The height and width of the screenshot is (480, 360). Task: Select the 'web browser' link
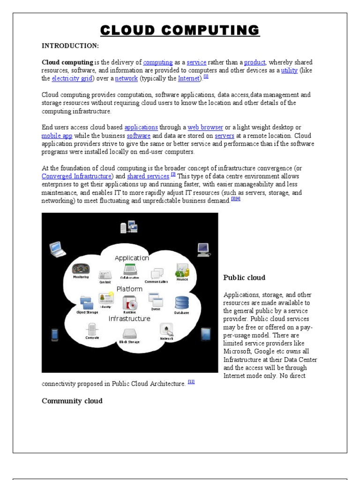click(205, 127)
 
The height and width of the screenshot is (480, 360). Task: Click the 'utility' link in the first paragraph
click(289, 70)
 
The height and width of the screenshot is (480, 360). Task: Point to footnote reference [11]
click(191, 382)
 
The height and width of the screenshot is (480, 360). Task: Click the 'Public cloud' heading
click(244, 277)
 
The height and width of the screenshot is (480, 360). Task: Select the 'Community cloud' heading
click(72, 401)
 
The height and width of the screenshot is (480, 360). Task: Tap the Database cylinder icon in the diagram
click(182, 303)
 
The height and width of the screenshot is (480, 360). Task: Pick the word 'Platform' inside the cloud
click(129, 289)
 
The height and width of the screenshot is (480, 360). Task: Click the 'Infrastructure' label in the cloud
click(129, 319)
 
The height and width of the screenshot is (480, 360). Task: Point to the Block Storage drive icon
click(129, 334)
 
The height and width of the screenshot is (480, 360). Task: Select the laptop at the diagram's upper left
click(57, 248)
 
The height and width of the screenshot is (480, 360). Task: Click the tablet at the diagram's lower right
click(205, 334)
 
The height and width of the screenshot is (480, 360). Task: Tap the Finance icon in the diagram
click(182, 270)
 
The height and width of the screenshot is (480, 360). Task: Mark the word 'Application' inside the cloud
click(132, 258)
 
